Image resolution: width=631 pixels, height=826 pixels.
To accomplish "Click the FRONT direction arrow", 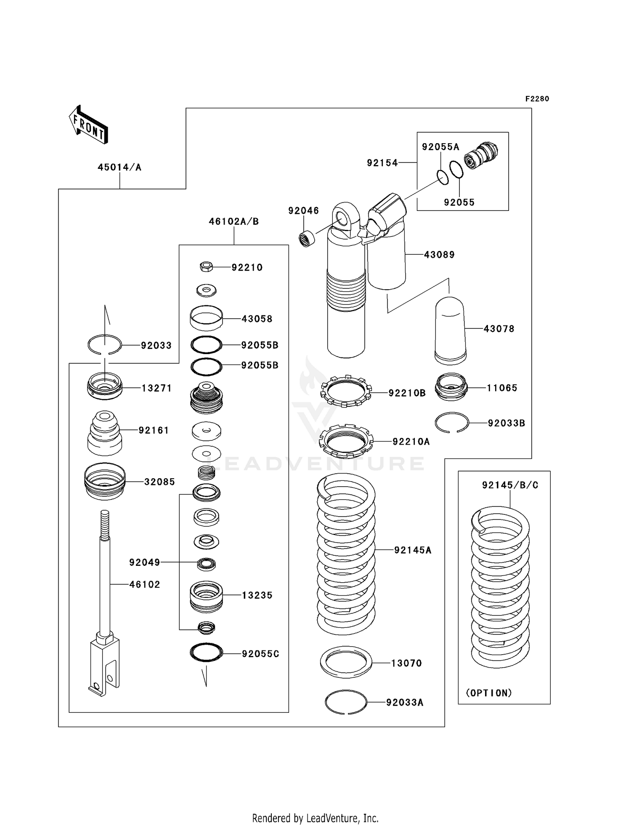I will pyautogui.click(x=89, y=124).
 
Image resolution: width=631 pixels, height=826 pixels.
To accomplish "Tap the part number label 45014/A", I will pyautogui.click(x=119, y=168).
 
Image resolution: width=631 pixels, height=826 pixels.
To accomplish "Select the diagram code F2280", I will pyautogui.click(x=537, y=99).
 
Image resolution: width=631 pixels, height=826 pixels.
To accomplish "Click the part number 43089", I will pyautogui.click(x=439, y=255).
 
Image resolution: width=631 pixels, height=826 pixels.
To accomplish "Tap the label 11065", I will pyautogui.click(x=502, y=388).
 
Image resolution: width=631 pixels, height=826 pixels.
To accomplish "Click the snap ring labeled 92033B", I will pyautogui.click(x=451, y=422).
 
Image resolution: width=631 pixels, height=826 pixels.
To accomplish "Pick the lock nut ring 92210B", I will pyautogui.click(x=345, y=391).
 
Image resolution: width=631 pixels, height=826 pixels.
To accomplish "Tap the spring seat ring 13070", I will pyautogui.click(x=346, y=662).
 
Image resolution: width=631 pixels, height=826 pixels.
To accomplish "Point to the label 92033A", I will pyautogui.click(x=405, y=703).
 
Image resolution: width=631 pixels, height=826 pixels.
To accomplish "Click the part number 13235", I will pyautogui.click(x=257, y=595).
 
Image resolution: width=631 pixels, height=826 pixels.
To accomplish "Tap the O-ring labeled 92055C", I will pyautogui.click(x=206, y=653).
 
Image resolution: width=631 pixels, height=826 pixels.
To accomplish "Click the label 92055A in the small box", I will pyautogui.click(x=440, y=147).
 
